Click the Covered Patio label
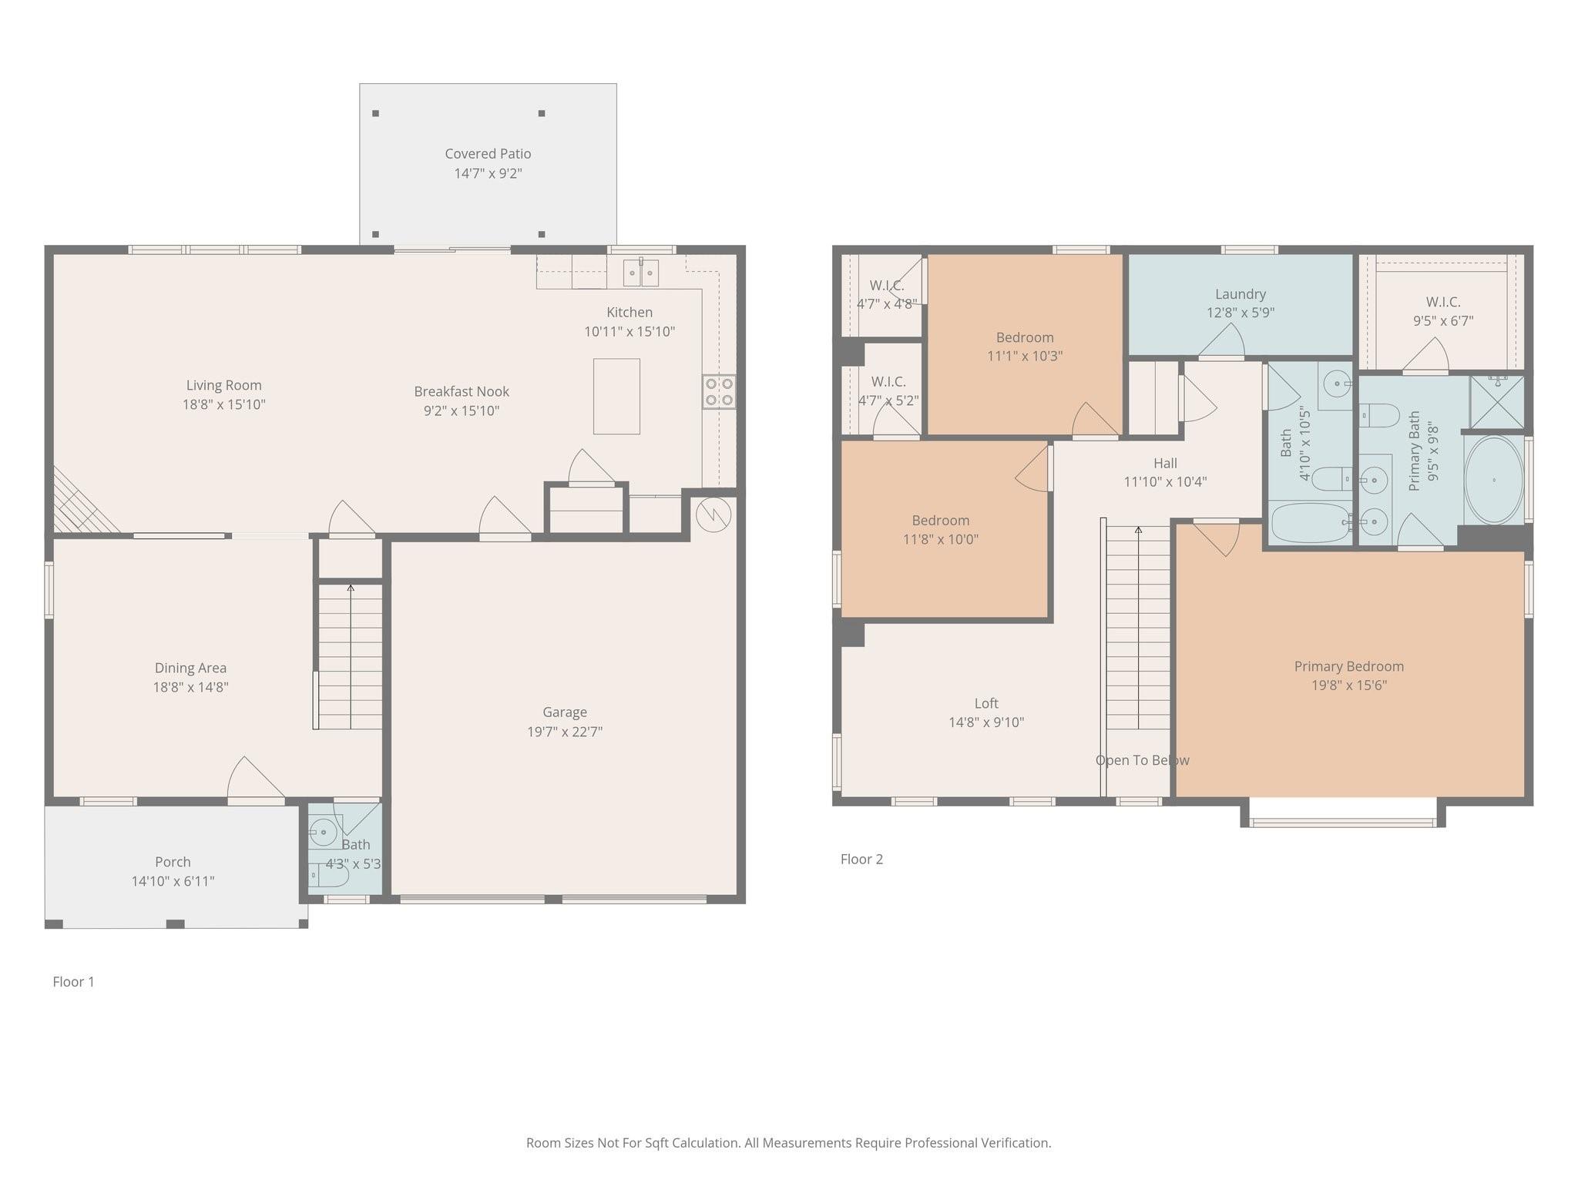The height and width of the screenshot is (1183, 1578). click(488, 154)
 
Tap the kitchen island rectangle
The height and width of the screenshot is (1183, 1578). click(616, 396)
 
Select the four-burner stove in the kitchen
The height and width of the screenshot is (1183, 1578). click(718, 391)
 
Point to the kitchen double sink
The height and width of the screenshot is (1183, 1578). click(640, 272)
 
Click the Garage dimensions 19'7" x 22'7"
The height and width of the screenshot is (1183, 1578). click(565, 732)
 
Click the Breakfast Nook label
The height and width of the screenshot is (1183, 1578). click(462, 391)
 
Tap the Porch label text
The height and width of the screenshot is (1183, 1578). click(173, 862)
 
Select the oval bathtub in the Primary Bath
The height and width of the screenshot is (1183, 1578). click(1493, 480)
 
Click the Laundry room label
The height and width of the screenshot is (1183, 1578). click(1240, 294)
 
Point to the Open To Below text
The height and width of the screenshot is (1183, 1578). click(1142, 760)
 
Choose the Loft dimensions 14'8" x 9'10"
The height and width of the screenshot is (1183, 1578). click(986, 722)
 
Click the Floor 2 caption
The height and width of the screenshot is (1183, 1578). click(861, 859)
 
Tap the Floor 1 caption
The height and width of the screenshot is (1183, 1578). click(73, 981)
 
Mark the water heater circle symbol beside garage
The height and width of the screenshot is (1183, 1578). click(713, 514)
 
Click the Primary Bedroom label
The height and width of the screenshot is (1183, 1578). click(1348, 666)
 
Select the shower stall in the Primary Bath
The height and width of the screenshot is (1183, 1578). click(1496, 401)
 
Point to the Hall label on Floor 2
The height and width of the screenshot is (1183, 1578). click(1165, 463)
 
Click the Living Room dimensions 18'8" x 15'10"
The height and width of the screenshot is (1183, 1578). click(223, 404)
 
